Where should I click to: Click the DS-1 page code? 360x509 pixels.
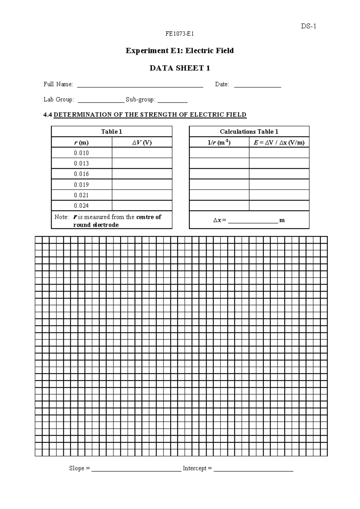tap(309, 26)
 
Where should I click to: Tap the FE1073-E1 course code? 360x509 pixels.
tap(179, 34)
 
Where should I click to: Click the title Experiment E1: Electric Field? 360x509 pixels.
tap(179, 50)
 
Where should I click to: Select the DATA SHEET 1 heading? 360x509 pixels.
tap(179, 68)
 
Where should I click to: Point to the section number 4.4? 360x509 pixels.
tap(48, 115)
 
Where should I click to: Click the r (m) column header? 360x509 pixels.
tap(81, 142)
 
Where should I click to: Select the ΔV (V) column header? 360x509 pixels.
tap(142, 142)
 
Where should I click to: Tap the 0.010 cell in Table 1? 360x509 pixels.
tap(81, 153)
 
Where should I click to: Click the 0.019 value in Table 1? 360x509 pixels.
tap(81, 185)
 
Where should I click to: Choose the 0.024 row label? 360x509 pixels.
tap(81, 206)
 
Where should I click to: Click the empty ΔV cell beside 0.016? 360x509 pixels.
tap(142, 174)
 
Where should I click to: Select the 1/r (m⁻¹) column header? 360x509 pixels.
tap(219, 142)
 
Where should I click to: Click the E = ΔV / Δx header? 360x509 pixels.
tap(279, 142)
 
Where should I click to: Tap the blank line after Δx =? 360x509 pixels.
tap(253, 222)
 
